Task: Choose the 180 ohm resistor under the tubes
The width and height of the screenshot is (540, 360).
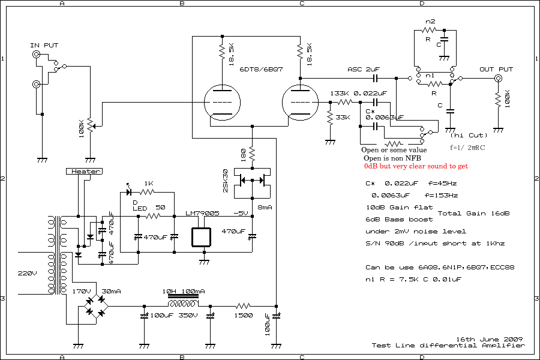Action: point(253,154)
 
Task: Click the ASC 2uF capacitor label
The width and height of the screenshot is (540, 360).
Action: point(364,70)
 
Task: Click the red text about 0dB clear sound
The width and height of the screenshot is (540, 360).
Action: point(416,166)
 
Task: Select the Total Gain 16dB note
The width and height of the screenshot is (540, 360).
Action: point(474,213)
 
